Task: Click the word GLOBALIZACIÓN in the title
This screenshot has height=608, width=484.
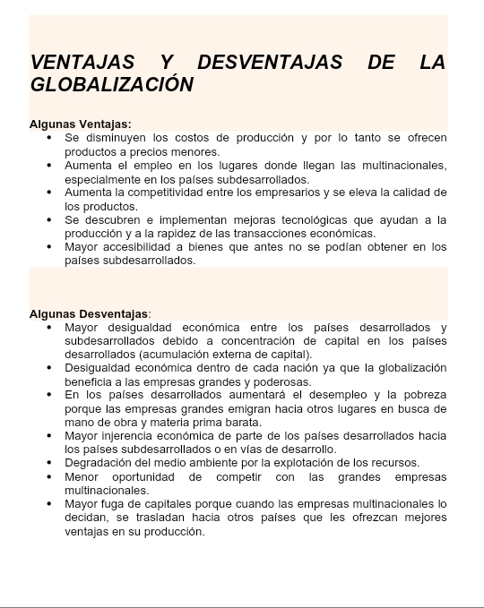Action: tap(112, 84)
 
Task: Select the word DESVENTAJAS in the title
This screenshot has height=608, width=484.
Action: tap(270, 62)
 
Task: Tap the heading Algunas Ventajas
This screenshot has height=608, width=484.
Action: tap(81, 124)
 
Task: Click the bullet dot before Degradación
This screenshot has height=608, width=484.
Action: tap(48, 463)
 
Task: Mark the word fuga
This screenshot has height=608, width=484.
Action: tap(114, 503)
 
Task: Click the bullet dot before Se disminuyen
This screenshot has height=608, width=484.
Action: tap(48, 139)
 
